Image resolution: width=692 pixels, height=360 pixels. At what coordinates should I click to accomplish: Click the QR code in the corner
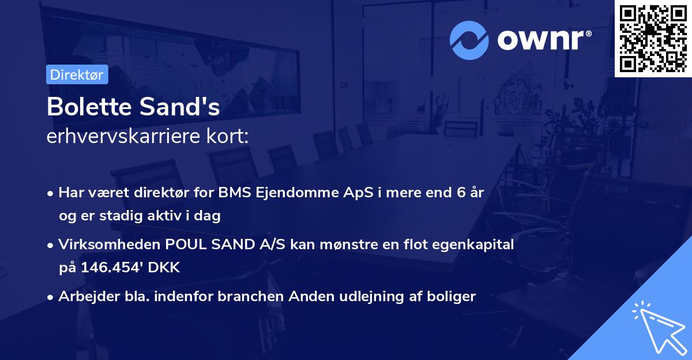653,39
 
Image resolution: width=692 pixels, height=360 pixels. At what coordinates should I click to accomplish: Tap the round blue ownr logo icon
469,40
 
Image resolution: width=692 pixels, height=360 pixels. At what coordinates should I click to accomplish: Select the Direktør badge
77,74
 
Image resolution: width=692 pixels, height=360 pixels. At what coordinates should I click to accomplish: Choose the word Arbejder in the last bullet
84,297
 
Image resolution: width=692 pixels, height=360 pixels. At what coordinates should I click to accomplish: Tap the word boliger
452,297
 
